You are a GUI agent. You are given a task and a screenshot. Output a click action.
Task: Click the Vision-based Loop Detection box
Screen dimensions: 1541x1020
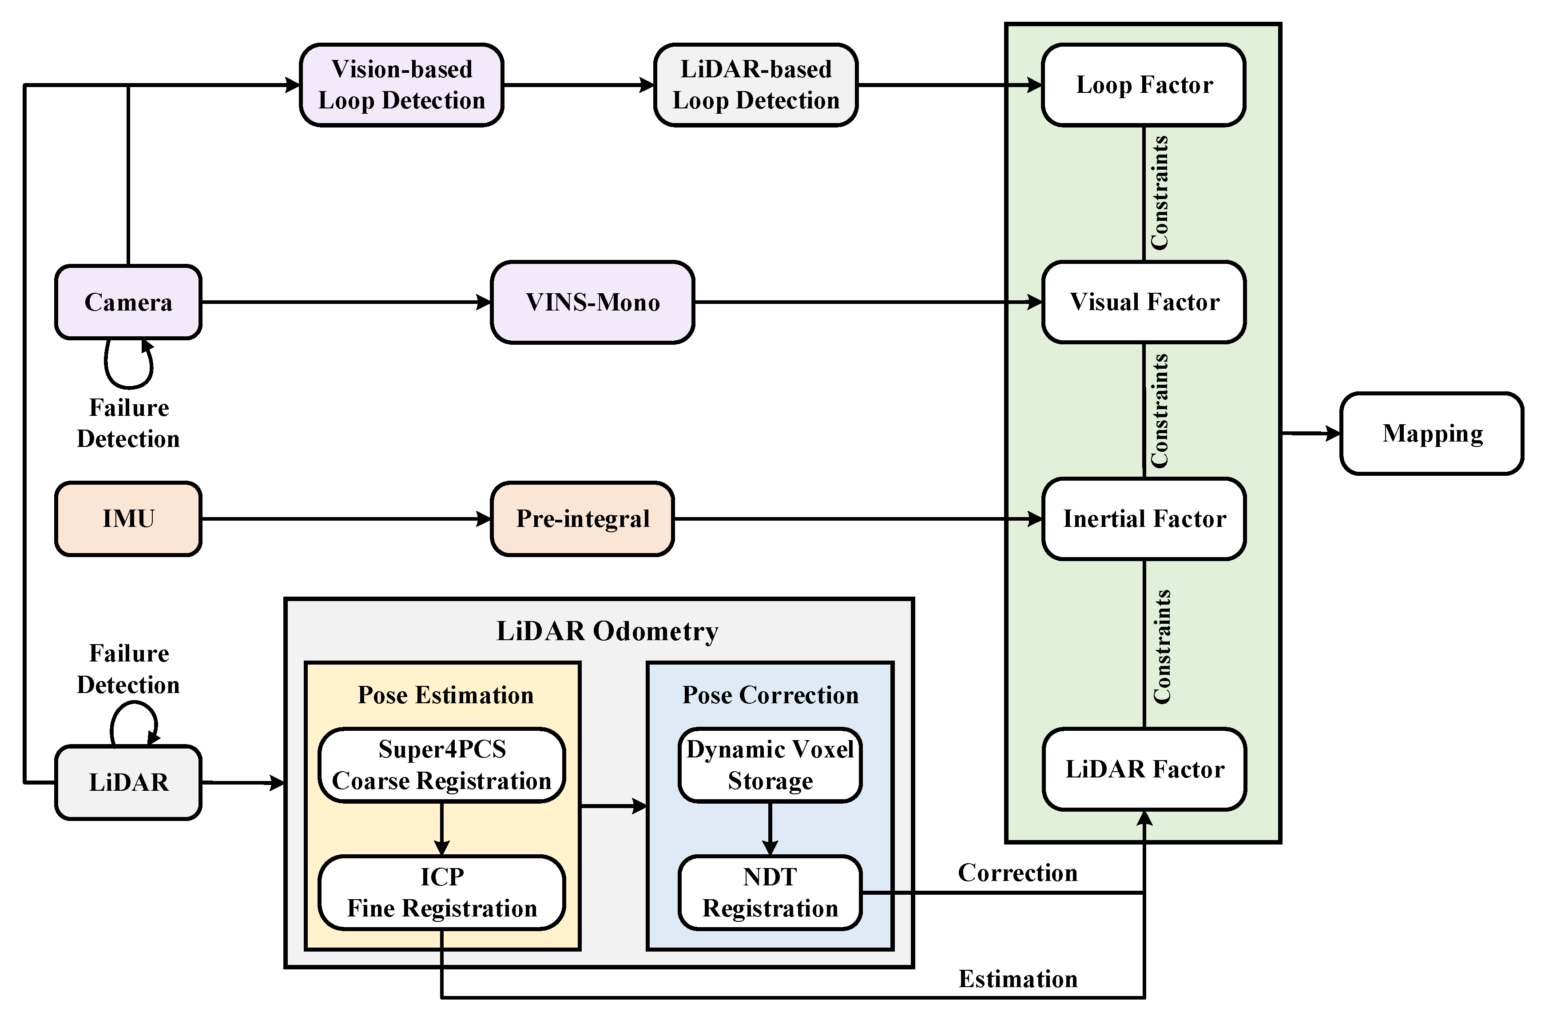coord(401,84)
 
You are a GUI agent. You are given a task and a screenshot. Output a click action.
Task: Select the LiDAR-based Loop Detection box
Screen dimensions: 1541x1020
coord(755,84)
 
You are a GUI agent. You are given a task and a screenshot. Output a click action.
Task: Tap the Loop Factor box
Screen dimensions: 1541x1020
coord(1144,84)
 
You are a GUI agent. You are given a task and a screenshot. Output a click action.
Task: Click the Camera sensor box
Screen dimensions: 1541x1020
coord(128,302)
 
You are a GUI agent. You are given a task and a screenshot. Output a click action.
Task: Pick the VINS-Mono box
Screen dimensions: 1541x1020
coord(592,302)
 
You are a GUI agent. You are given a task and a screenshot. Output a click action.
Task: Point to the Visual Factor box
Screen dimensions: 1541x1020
coord(1144,302)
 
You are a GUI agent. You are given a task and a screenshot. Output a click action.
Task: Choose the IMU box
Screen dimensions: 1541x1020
coord(128,518)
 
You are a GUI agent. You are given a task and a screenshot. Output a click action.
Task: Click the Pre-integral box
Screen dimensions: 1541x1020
coord(582,518)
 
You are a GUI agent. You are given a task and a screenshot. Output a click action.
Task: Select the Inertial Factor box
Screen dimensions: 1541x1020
coord(1144,518)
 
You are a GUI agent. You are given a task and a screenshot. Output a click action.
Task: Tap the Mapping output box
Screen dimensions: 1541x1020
coord(1432,433)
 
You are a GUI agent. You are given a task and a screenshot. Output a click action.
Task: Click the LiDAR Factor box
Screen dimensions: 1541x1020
coord(1144,769)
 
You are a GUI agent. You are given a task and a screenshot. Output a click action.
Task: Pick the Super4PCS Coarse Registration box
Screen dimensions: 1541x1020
coord(441,765)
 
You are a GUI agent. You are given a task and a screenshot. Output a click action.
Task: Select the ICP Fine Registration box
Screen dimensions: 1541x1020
coord(441,892)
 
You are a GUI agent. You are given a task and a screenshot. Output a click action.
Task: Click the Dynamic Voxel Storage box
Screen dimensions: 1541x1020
coord(770,765)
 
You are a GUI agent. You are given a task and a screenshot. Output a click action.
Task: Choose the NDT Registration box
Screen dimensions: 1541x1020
coord(770,892)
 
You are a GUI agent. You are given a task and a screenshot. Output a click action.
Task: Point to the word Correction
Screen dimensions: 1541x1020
coord(1017,873)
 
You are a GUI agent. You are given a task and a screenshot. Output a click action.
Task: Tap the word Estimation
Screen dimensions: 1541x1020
coord(1017,979)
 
